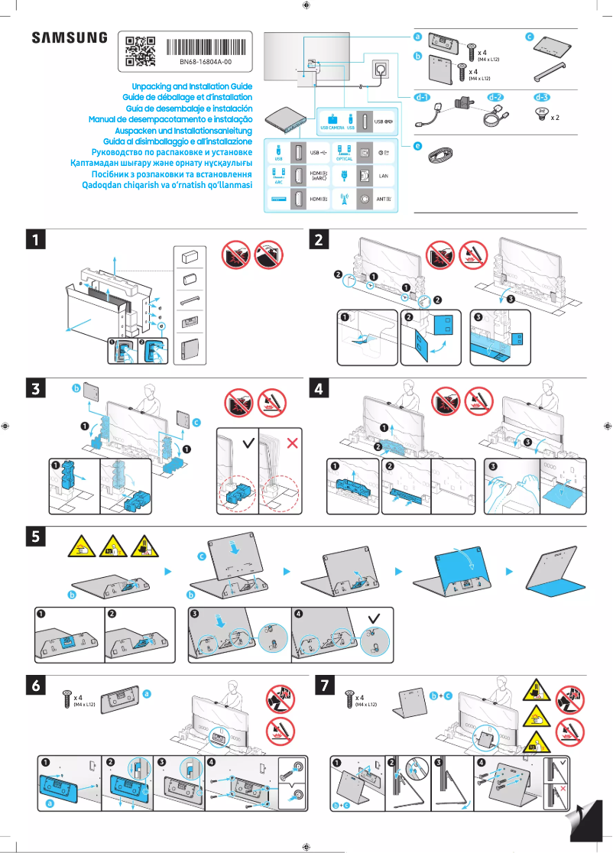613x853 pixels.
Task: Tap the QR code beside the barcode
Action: tap(140, 50)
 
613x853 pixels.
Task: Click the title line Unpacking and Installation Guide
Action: tap(192, 87)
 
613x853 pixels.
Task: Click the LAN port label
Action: tap(385, 175)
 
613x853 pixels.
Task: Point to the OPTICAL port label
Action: tap(344, 159)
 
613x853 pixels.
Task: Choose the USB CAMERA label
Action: tap(332, 128)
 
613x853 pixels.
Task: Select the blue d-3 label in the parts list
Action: tap(541, 97)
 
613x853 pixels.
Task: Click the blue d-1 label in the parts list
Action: tap(423, 97)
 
